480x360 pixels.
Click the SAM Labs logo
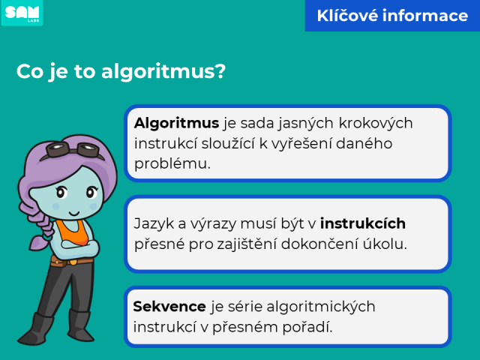[x=22, y=13]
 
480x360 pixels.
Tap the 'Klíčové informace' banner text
[x=392, y=16]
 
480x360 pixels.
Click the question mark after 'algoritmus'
[x=220, y=71]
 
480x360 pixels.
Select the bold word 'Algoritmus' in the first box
[x=177, y=123]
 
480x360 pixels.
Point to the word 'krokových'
[x=376, y=123]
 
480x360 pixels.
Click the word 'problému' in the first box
[x=172, y=163]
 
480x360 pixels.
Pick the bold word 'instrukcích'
[x=363, y=223]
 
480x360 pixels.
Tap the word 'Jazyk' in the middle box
[x=156, y=223]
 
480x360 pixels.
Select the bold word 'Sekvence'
[x=169, y=307]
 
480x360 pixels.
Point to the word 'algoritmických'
[x=321, y=307]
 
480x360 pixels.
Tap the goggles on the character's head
[x=73, y=150]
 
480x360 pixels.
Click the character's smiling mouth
[x=74, y=213]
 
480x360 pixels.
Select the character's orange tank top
[x=73, y=232]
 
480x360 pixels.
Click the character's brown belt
[x=71, y=261]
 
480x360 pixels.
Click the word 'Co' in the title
[x=30, y=71]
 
